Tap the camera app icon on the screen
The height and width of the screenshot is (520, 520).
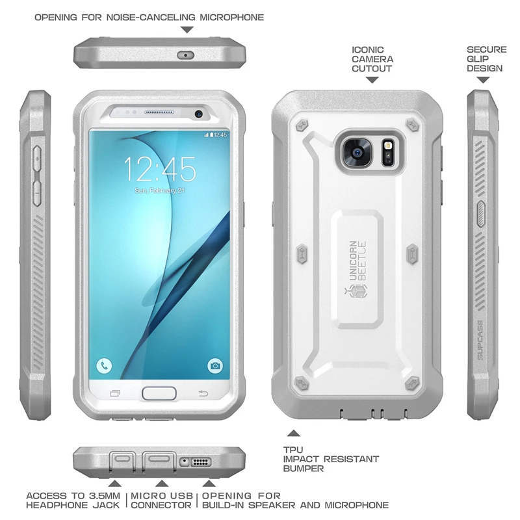pyautogui.click(x=214, y=365)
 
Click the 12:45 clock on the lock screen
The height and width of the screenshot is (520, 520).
pyautogui.click(x=160, y=170)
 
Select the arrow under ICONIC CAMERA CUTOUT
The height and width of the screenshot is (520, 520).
pyautogui.click(x=372, y=80)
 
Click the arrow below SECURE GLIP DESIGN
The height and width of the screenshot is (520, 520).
pyautogui.click(x=483, y=80)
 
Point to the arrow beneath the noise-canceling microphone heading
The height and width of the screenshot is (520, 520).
pyautogui.click(x=187, y=29)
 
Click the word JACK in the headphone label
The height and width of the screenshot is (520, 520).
pyautogui.click(x=107, y=505)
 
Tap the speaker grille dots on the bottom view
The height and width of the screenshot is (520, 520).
pyautogui.click(x=201, y=462)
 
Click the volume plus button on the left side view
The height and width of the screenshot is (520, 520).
pyautogui.click(x=37, y=159)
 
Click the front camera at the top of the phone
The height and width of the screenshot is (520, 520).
pyautogui.click(x=198, y=114)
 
